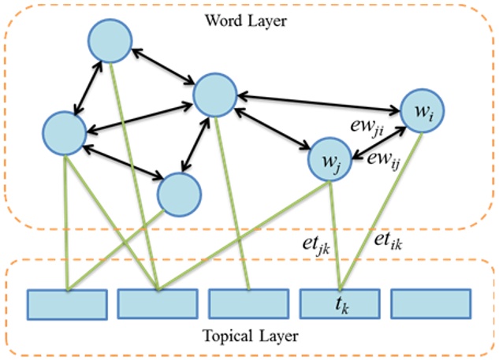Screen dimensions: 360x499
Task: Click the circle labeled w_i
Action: coord(423,112)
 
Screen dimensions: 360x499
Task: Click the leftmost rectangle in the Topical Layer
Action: coord(67,303)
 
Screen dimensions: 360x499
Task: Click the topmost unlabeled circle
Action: coord(110,39)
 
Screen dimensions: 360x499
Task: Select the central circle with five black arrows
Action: coord(214,95)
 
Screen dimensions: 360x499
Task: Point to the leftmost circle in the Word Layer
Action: coord(65,132)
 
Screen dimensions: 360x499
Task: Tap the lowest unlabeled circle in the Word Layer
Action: coord(178,194)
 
